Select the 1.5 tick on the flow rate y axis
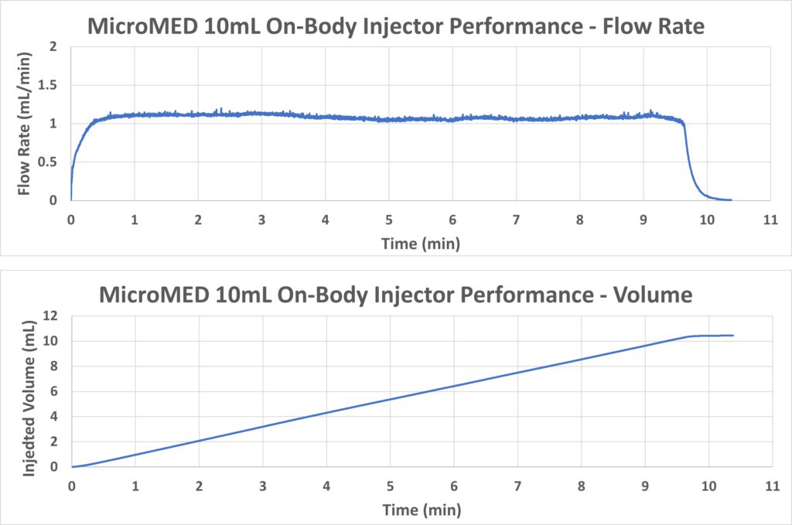point(53,85)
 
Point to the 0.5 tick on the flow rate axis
point(53,162)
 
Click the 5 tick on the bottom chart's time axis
point(390,486)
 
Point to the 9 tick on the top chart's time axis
point(643,220)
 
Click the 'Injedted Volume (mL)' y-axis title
point(29,390)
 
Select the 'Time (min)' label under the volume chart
point(421,510)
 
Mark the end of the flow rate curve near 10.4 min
point(731,199)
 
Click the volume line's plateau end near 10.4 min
point(732,336)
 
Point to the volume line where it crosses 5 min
point(390,400)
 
